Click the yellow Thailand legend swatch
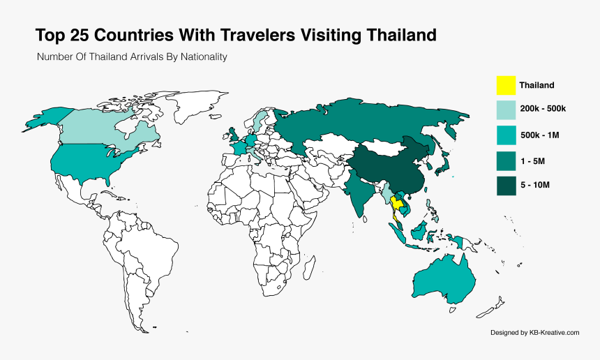506,85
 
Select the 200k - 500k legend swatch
506,110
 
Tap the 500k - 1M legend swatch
506,135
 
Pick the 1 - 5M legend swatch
506,160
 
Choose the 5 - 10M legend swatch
506,186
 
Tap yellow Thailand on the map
397,204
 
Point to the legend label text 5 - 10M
536,186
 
